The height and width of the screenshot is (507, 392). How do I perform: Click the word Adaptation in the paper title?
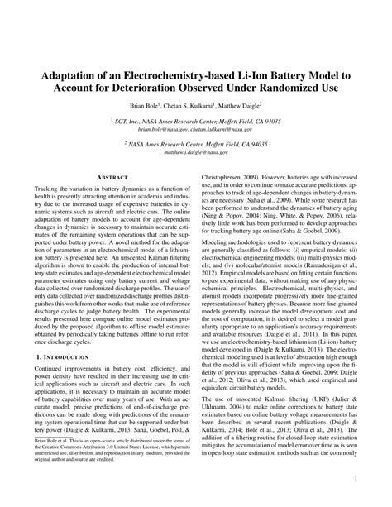pos(76,74)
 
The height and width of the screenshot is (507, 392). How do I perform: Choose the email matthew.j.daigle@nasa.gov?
pos(195,154)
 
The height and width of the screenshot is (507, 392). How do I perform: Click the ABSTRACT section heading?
pos(109,177)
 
